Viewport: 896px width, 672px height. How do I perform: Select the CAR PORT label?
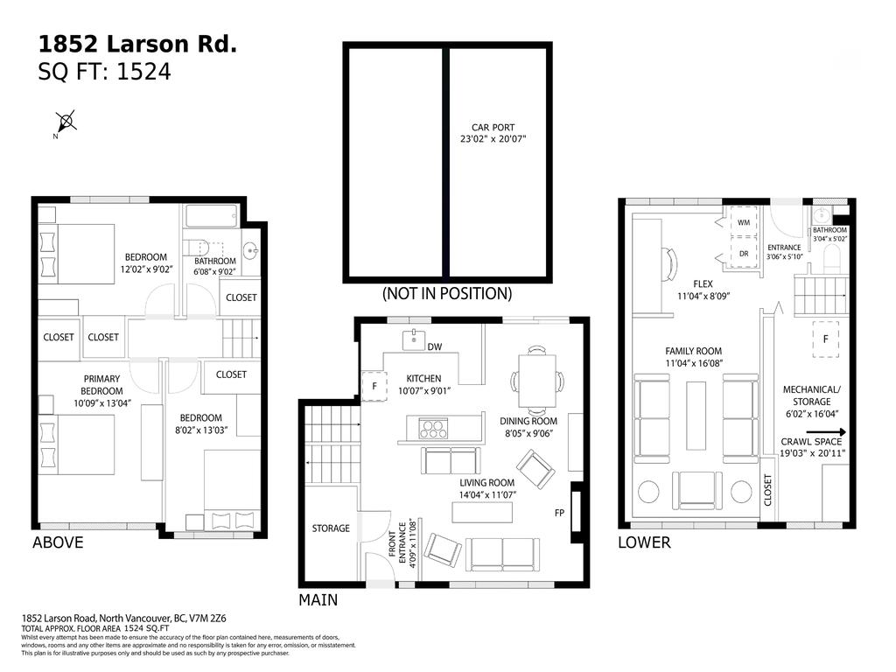click(x=493, y=128)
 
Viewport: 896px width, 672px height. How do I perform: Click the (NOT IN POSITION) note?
click(x=447, y=294)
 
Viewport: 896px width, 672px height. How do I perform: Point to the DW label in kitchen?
click(x=434, y=347)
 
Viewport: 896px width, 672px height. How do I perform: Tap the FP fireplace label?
click(x=560, y=512)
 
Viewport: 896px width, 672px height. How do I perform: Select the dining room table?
click(x=536, y=381)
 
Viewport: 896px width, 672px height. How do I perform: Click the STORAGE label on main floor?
click(x=331, y=528)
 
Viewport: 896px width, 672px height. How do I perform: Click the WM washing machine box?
click(x=743, y=223)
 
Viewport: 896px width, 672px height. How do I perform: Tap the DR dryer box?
click(x=743, y=254)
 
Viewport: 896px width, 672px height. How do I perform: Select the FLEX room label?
click(x=703, y=283)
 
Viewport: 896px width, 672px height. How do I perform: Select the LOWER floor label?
click(x=644, y=542)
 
